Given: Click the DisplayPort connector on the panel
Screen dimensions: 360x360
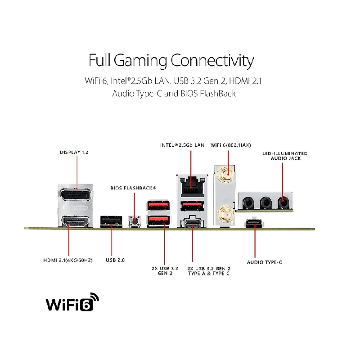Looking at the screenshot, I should pyautogui.click(x=76, y=195).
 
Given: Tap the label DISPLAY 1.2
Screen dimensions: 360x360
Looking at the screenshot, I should pyautogui.click(x=74, y=152).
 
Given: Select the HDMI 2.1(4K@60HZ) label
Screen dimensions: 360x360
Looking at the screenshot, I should pyautogui.click(x=68, y=261).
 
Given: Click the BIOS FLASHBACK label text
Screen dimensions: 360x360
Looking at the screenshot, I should pyautogui.click(x=134, y=187).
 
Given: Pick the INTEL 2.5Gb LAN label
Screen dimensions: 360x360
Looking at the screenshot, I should pyautogui.click(x=182, y=145).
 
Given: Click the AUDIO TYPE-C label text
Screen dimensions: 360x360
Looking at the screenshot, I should pyautogui.click(x=264, y=262).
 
